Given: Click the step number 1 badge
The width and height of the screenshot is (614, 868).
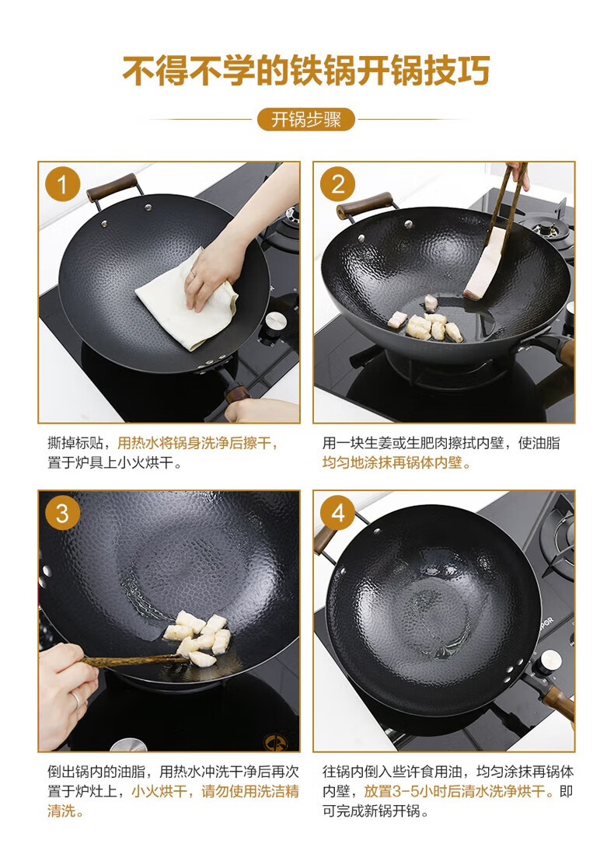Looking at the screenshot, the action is tap(62, 185).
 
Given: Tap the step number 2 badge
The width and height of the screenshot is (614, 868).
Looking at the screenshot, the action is tap(338, 185).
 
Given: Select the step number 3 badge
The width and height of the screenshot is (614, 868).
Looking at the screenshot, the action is tap(62, 513).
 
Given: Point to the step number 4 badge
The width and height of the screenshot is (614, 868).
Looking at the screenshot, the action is tap(338, 513).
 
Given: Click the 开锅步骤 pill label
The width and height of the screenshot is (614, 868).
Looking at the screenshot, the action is tap(306, 120).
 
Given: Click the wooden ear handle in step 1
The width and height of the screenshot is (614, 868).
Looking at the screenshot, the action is tap(112, 187).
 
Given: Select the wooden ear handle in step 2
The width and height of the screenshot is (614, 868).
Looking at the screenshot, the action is tap(364, 205).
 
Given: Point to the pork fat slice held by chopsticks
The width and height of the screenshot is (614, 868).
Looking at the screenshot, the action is tap(484, 265).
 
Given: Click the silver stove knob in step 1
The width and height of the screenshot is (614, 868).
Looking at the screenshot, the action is tap(274, 320).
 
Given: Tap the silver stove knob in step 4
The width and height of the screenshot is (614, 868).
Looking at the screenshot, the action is tap(551, 660).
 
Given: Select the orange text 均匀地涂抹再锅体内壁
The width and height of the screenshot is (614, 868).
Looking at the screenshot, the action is tap(396, 463).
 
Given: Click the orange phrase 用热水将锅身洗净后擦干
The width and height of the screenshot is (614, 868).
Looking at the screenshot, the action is tap(197, 443).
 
